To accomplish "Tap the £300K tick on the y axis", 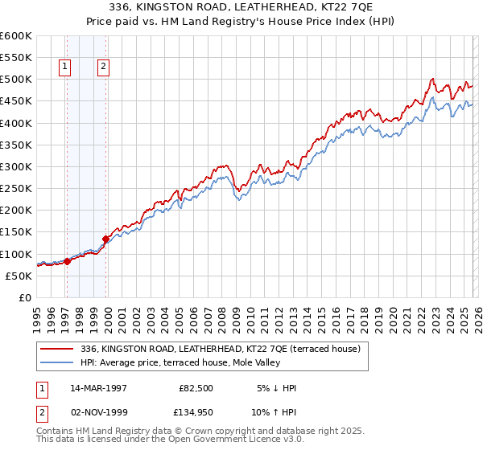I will coord(16,166).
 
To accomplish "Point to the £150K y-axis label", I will coord(16,232).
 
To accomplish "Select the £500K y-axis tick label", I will coord(16,80).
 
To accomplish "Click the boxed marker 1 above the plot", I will coord(64,67).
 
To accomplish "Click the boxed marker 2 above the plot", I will coord(104,67).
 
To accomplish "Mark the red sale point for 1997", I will coord(68,260).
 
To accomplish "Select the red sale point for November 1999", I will coord(105,238).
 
